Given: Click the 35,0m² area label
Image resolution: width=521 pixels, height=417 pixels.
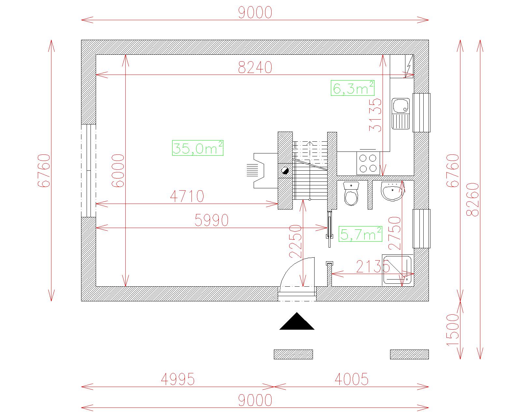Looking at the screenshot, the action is pos(198,148).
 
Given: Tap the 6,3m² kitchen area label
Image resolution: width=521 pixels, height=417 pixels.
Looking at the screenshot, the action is pos(353,88).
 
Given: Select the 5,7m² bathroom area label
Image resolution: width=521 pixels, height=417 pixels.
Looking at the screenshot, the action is pos(360,234).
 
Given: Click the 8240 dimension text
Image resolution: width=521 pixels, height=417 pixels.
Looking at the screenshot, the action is pos(255,67).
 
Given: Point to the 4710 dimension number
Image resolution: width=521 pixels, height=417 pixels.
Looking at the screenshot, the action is pos(187,196).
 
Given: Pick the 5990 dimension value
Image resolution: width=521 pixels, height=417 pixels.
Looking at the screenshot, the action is pos(212,220).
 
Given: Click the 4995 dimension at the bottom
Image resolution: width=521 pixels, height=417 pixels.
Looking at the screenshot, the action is pos(178,379).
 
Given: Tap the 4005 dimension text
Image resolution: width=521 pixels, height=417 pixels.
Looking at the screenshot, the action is pos(352,379).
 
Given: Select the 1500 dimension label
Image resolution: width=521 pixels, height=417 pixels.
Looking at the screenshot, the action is pos(453,330).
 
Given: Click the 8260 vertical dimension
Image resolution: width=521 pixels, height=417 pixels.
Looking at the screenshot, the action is pos(472,200).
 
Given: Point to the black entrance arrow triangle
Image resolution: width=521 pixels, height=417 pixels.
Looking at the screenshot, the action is pos(297,321).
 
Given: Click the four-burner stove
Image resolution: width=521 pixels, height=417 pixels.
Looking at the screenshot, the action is pos(368,163).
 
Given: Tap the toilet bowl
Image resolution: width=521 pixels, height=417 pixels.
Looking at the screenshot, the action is pos(351,194).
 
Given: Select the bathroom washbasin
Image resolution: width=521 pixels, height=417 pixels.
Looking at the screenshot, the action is pos(392,192).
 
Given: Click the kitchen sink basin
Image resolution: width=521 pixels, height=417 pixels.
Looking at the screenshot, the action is pos(401,106).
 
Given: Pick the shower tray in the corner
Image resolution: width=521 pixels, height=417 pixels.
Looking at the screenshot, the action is pos(398,270).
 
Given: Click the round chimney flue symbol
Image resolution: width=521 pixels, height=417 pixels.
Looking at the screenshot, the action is pos(285,171).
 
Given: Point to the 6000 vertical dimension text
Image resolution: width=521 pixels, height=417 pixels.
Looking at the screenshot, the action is pos(118,171).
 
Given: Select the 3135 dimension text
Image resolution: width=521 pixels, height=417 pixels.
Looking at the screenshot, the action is pos(375,115).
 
